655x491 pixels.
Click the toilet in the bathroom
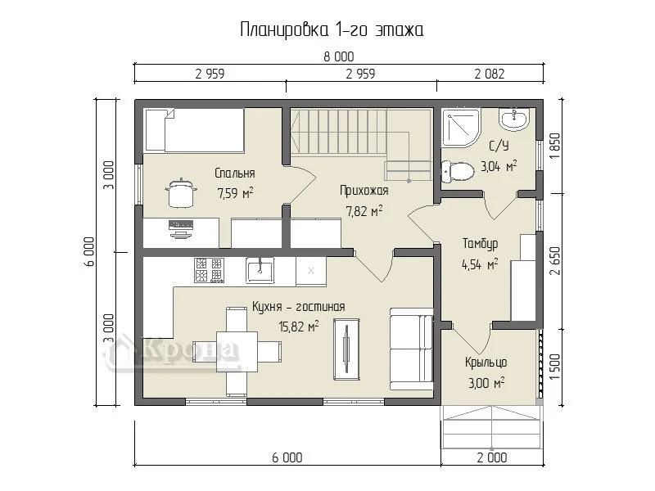pos(458,171)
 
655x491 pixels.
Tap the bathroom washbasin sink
pos(513,119)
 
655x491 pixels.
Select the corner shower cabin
pos(461,128)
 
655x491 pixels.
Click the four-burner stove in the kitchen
pos(209,270)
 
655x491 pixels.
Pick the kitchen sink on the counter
pos(260,271)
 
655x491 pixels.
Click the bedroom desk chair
pos(181,192)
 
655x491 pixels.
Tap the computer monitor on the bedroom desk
pos(181,229)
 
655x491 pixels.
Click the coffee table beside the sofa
pos(347,349)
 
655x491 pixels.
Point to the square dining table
pos(237,352)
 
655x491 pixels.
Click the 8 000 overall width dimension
pos(339,56)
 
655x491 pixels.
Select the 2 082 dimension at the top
pos(490,74)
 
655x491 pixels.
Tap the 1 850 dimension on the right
pos(555,146)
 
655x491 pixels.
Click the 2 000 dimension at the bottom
pos(492,457)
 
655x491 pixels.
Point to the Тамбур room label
pos(480,243)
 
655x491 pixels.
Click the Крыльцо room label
pos(486,362)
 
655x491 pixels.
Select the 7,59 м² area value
pos(235,193)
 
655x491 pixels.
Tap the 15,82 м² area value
pos(299,326)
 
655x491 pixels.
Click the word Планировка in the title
pos(284,30)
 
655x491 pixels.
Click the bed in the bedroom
pos(194,130)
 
